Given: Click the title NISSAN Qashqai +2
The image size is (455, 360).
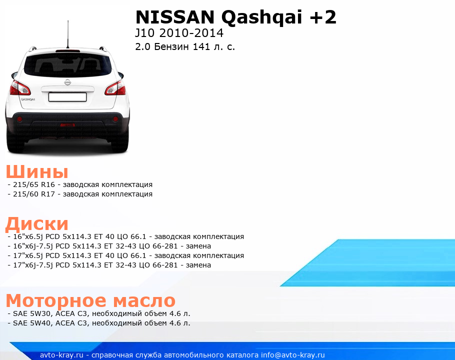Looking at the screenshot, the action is (235, 17).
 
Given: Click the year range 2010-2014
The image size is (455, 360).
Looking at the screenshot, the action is (191, 33).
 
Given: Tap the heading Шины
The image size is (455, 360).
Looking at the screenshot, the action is (37, 171).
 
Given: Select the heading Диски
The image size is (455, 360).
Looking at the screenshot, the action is (37, 224).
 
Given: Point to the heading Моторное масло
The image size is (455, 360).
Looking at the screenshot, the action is (90, 300).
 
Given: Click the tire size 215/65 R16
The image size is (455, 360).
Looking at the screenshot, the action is (34, 184).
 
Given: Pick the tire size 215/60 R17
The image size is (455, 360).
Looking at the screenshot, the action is (34, 194).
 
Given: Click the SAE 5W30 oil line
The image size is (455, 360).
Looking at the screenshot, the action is (99, 313).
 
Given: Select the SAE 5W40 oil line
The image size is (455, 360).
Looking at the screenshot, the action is (99, 323).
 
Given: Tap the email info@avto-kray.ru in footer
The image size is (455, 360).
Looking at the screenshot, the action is (293, 355).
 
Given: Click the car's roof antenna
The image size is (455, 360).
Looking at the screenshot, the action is (68, 34).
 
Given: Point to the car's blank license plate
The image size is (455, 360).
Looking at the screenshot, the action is (67, 97).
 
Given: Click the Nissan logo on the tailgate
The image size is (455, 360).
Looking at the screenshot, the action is (67, 82).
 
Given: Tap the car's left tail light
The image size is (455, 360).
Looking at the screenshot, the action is (19, 88).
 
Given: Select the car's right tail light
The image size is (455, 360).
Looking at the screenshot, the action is (115, 88).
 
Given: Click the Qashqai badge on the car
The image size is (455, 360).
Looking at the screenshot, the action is (28, 99).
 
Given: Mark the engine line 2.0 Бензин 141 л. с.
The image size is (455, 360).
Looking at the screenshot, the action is (185, 46).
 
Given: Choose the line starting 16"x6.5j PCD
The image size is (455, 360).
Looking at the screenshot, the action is (126, 236).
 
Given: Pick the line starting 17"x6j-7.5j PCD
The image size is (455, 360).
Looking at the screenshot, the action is (109, 265).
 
